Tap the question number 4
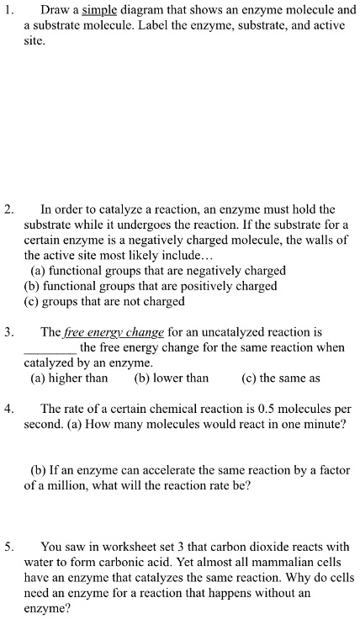point(9,409)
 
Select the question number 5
point(9,546)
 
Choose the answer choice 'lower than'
point(171,378)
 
